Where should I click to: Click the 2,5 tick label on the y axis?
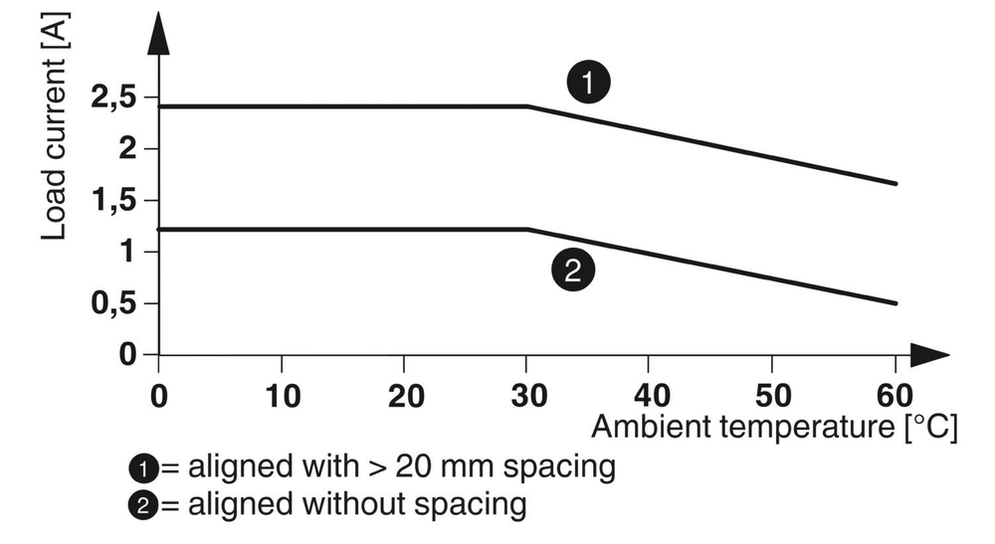tap(111, 97)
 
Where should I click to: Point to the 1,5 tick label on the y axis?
tap(111, 201)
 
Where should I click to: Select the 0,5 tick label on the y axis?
tap(111, 303)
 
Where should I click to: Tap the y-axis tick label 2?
tap(125, 149)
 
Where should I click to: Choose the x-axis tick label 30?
tap(527, 394)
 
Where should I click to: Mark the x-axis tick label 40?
tap(650, 394)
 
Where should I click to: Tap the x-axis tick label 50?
tap(773, 394)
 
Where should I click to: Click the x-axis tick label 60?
tap(895, 394)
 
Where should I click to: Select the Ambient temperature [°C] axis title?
tap(774, 429)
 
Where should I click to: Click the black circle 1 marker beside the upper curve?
tap(588, 83)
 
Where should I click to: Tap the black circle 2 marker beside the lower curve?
tap(572, 269)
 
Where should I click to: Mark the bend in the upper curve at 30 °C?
tap(527, 105)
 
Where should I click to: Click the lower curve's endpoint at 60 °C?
tap(895, 302)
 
